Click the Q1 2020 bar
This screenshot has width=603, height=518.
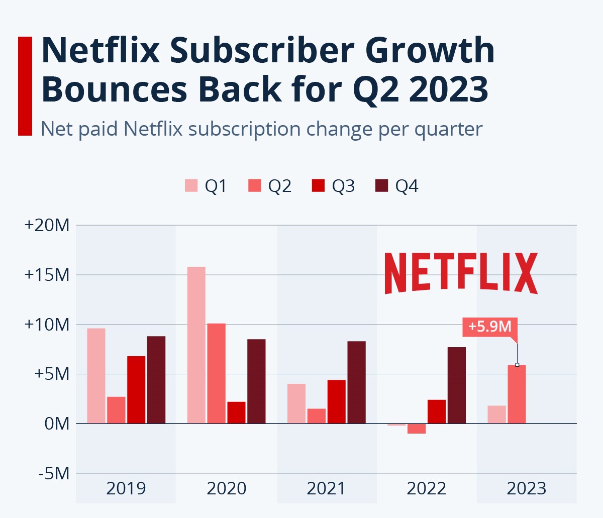point(196,345)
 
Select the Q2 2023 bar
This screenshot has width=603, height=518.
point(517,394)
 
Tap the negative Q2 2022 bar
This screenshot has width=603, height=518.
point(417,429)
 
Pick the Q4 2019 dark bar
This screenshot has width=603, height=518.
point(156,380)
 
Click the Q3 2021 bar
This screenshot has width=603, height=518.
point(337,401)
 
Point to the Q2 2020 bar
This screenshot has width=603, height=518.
point(216,373)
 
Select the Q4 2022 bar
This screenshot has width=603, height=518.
point(457,385)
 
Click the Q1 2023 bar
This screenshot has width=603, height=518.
point(496,415)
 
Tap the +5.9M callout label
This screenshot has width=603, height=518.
point(489,327)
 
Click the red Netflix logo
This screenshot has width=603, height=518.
point(461,273)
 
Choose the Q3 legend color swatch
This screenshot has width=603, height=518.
point(318,186)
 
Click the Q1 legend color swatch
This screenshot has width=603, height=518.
point(191,186)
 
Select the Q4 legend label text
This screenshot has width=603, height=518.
point(407,186)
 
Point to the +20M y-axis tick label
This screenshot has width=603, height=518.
point(47,225)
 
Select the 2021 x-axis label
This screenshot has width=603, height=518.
point(326,488)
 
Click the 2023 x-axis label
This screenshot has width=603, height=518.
point(526,488)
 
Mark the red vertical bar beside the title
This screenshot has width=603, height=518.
point(25,86)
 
